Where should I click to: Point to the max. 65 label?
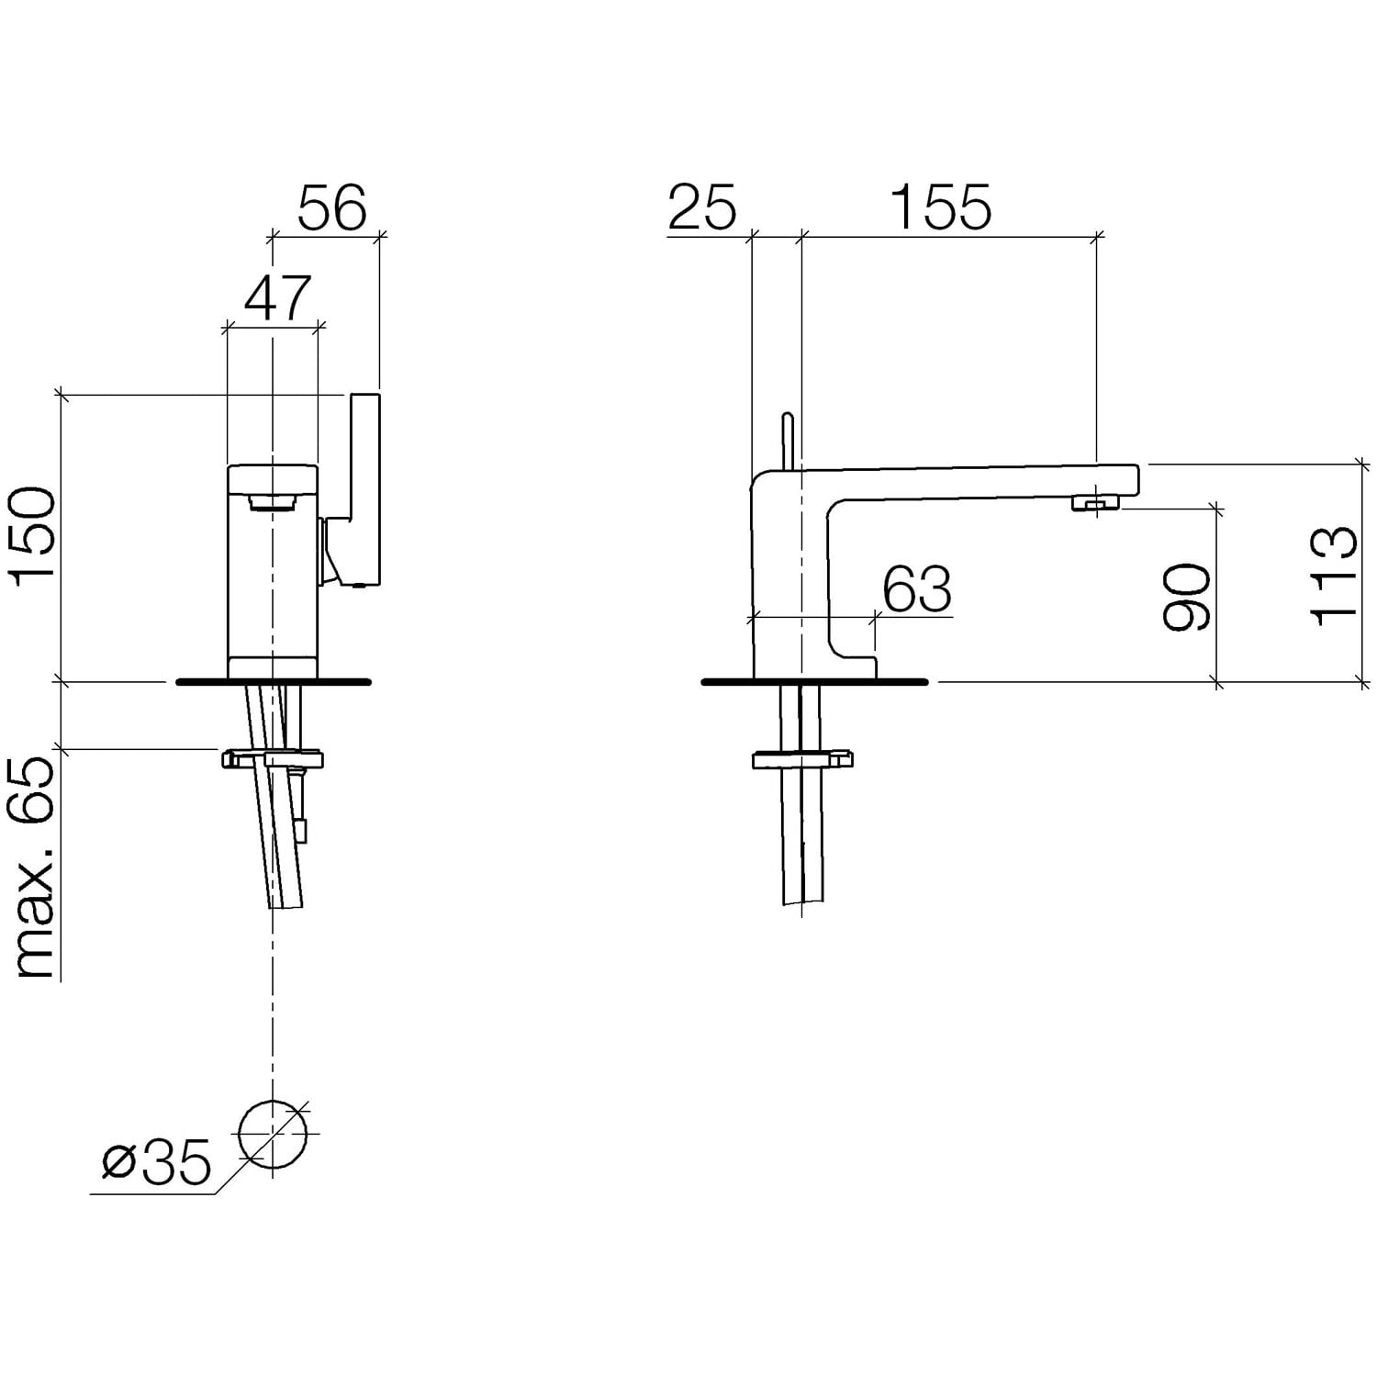click(x=35, y=868)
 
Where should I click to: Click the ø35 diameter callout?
click(x=157, y=1163)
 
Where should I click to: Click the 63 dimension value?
click(x=917, y=588)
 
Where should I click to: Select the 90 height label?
click(x=1186, y=597)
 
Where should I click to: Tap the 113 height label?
click(x=1333, y=577)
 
